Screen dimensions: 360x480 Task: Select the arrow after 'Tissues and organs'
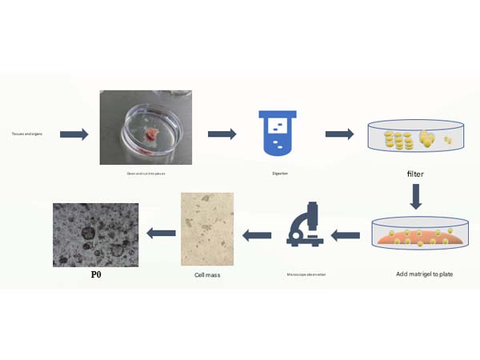tap(74, 134)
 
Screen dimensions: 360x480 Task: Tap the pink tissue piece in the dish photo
tap(154, 132)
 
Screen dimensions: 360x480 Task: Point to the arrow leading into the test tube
tap(222, 134)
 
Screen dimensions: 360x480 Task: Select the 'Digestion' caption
tap(277, 173)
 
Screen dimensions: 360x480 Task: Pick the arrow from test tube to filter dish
tap(339, 134)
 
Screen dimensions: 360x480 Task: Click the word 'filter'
tap(414, 173)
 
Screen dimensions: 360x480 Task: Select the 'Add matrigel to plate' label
tap(424, 274)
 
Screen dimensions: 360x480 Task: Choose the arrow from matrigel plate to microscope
tap(345, 234)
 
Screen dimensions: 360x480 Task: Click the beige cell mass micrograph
tap(207, 227)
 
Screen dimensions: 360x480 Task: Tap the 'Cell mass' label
tap(207, 275)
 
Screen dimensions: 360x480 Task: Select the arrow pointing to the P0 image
tap(161, 233)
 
